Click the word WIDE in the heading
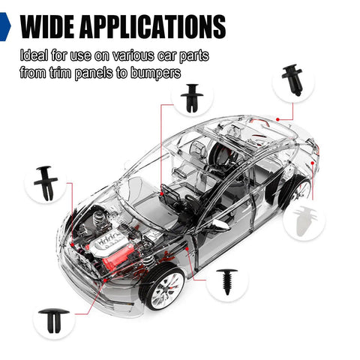pos(47,26)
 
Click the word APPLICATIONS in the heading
pos(153,26)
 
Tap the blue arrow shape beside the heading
pos(5,26)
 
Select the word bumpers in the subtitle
pos(156,73)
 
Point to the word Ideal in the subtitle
pos(34,55)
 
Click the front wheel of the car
pos(163,288)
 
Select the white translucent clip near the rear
pos(305,220)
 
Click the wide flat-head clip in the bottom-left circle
pos(54,321)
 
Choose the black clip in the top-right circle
pos(293,80)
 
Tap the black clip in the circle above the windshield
pos(192,98)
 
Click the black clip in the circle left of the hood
pos(46,183)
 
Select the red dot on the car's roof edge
pos(277,119)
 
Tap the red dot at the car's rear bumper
pos(313,163)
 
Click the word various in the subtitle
pos(133,55)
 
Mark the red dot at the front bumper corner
pos(105,280)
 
